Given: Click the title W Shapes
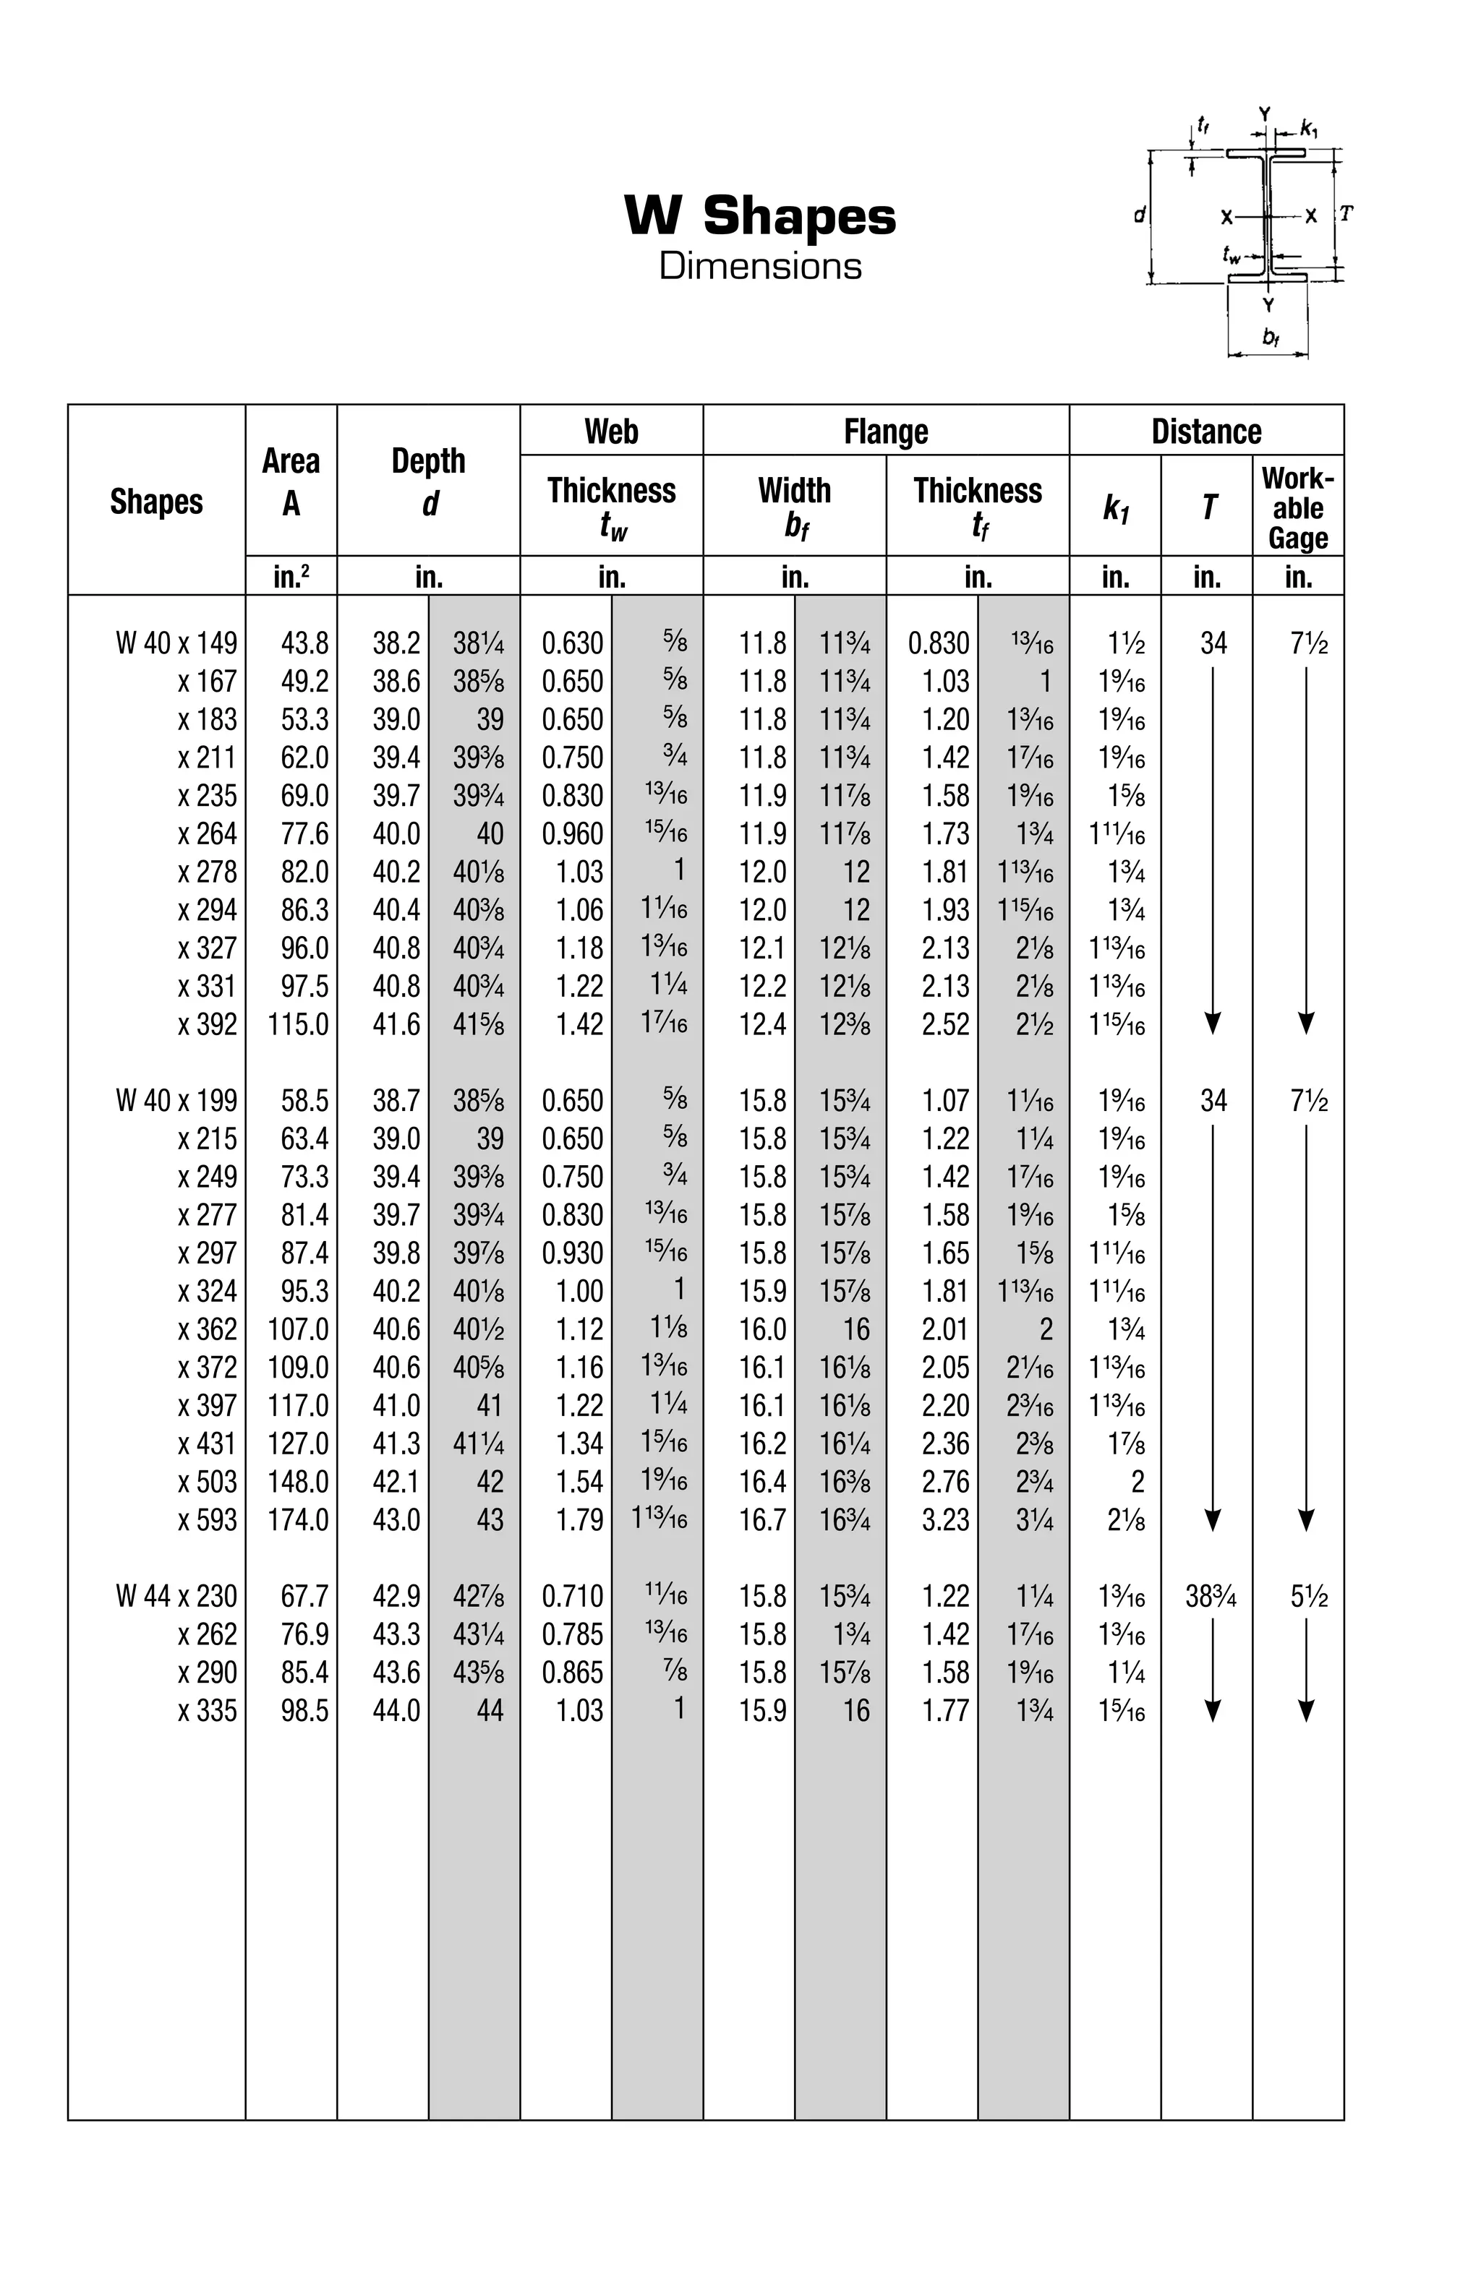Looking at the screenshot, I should [759, 215].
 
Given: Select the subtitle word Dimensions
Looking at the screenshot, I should [759, 266].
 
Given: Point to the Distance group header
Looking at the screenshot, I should [1205, 432].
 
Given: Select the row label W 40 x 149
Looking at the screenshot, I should [176, 643].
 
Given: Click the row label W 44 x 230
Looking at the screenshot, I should [176, 1596].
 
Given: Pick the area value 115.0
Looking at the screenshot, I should [298, 1024].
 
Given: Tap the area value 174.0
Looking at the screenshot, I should [298, 1520].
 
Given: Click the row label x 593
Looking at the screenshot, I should [207, 1520].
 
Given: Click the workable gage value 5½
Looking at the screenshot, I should [1308, 1596].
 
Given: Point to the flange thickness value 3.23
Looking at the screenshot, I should [944, 1520].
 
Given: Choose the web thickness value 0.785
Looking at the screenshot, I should [572, 1634].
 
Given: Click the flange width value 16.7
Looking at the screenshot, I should [762, 1520].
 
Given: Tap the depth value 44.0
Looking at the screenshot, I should [396, 1710].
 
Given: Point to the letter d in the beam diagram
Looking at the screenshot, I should [1139, 216].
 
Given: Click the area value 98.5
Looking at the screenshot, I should [304, 1710].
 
